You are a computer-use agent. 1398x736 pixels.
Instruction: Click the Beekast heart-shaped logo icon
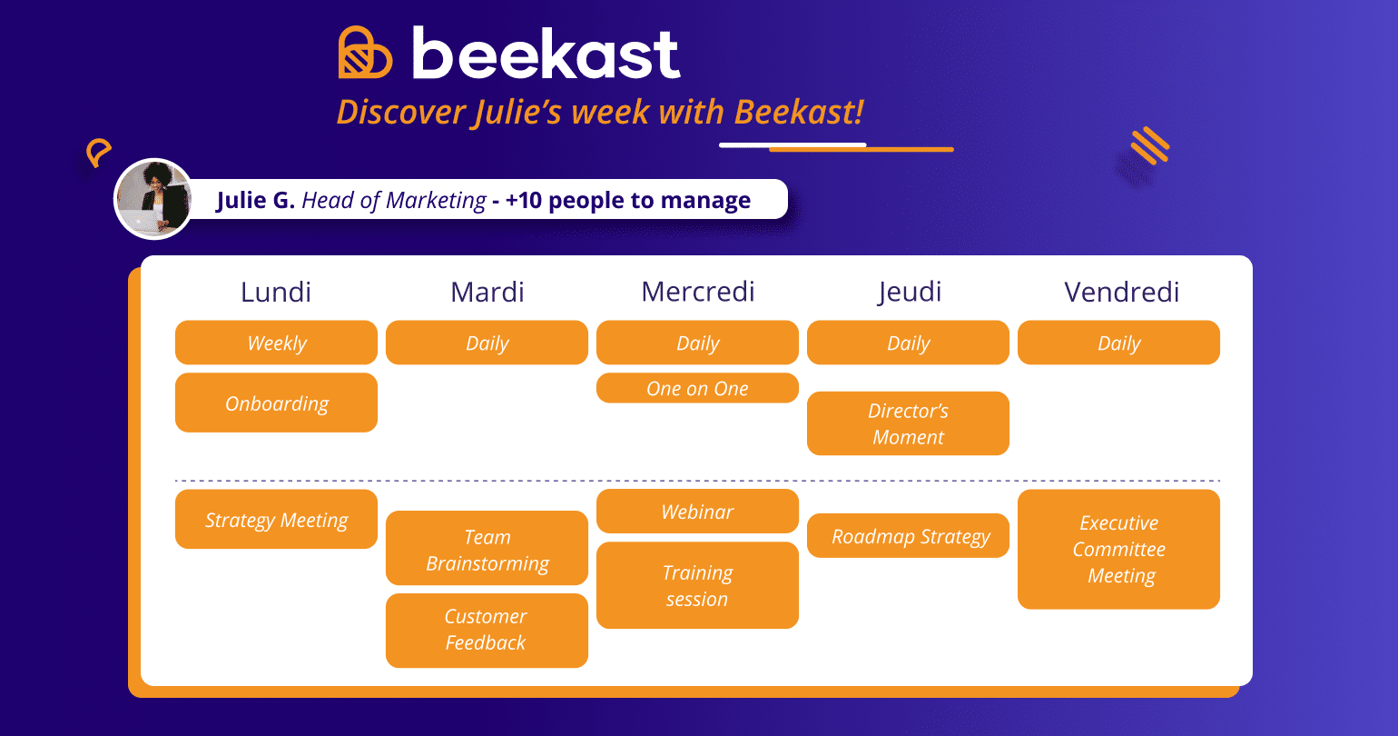pos(365,52)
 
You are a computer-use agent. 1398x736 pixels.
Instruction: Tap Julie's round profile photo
pos(153,199)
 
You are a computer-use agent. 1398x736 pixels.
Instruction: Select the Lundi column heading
pos(276,292)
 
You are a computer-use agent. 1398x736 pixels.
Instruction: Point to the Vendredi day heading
pos(1121,292)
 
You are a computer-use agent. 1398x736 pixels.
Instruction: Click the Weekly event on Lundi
pos(276,343)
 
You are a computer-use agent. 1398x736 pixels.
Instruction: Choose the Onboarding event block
pos(276,403)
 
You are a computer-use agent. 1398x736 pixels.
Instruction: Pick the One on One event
pos(697,388)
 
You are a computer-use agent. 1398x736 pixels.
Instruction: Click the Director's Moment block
pos(908,423)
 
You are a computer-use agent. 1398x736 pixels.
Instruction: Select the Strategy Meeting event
pos(276,520)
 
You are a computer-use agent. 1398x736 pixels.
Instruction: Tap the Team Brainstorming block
pos(487,549)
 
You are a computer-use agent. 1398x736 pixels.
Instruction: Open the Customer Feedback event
pos(487,630)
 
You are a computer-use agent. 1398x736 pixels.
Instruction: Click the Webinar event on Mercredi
pos(697,512)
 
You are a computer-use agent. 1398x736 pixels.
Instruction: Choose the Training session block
pos(697,585)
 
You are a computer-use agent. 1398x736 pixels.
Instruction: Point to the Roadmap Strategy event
pos(908,536)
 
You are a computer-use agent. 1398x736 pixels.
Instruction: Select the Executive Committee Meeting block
pos(1118,549)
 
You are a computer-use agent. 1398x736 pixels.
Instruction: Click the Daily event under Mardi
pos(487,343)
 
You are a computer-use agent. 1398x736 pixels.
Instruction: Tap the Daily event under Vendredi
pos(1118,343)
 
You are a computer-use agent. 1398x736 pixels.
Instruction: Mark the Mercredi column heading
pos(697,292)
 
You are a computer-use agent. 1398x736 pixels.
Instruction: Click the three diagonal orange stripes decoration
pos(1149,146)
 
